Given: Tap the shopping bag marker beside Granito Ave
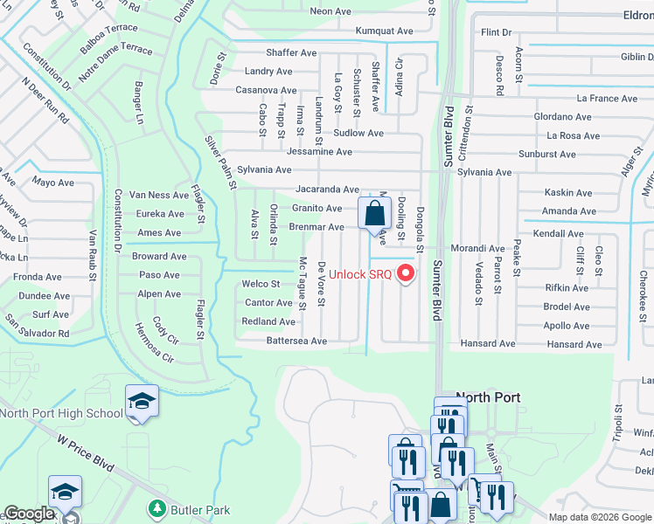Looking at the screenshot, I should (x=374, y=213).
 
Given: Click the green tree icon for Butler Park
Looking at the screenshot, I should (x=157, y=507).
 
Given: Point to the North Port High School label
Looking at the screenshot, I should (x=61, y=413).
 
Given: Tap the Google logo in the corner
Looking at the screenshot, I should (x=29, y=514).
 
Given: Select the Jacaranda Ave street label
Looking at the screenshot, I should (x=327, y=189).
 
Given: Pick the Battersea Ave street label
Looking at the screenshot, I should (x=296, y=341).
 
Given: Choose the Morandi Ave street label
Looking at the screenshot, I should (x=478, y=249).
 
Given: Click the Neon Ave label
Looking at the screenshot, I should (x=330, y=11).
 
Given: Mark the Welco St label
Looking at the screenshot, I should (x=261, y=284).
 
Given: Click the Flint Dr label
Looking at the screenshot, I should (x=496, y=32).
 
